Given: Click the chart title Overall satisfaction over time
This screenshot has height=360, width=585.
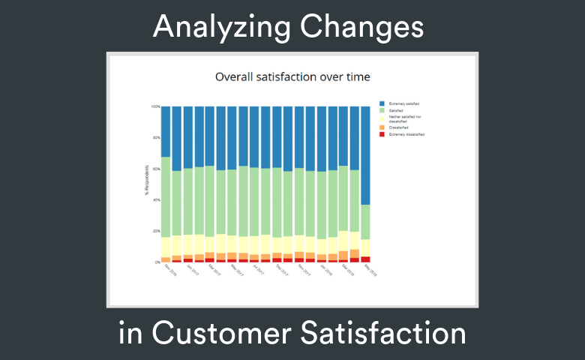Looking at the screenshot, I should point(292,76).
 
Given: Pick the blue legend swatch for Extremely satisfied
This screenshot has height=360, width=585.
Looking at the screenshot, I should point(382,103).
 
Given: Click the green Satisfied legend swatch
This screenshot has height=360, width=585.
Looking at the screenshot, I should point(382,110).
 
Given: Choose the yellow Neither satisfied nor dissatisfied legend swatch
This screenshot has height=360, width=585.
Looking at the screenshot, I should point(382,118).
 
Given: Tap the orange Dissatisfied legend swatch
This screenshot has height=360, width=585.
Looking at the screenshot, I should point(382,127).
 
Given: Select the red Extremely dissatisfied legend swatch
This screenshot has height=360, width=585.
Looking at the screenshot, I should point(382,134).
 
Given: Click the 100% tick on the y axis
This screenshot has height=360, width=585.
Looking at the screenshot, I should point(155,106).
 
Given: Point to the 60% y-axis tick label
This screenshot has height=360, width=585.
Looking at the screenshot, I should point(156,169).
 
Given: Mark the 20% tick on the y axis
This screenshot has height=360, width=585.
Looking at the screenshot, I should point(156,231).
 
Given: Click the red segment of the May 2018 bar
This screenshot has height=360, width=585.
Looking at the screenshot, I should point(365,259).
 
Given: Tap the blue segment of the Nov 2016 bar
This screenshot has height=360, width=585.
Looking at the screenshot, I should point(166,131).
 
